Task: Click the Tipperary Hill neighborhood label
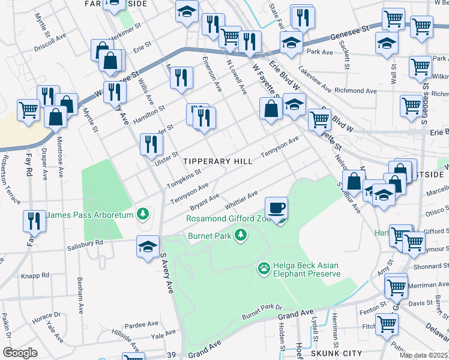[215, 161]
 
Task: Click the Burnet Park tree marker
[241, 234]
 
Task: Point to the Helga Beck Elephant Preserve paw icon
[264, 266]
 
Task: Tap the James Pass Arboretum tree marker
[142, 214]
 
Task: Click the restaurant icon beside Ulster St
[151, 144]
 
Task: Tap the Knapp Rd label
[37, 275]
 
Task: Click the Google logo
[19, 353]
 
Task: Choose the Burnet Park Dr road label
[261, 311]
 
